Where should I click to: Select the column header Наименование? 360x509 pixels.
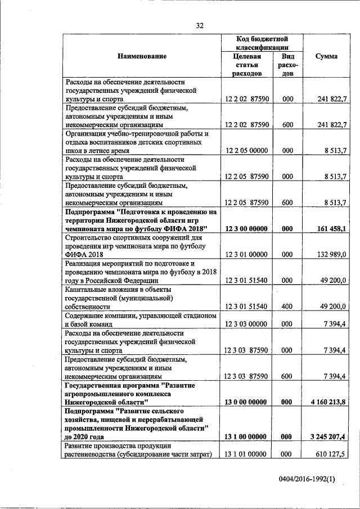click(142, 56)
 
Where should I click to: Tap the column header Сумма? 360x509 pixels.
click(326, 56)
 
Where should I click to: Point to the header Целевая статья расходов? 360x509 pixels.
click(247, 65)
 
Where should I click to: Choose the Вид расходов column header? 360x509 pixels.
click(287, 65)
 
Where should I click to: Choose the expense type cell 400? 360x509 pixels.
click(287, 307)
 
